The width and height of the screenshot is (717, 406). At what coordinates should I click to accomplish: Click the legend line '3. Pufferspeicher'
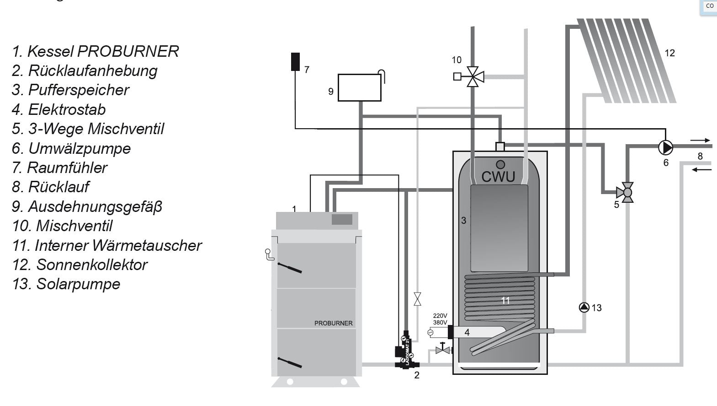tap(70, 90)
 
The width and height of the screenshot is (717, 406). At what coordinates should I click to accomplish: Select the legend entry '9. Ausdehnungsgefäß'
tap(87, 206)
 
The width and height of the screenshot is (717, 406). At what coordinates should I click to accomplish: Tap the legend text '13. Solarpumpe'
tap(66, 284)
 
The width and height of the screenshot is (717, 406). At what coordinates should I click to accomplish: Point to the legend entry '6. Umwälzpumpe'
tap(71, 148)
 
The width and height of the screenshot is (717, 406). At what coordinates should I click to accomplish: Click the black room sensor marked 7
tap(296, 62)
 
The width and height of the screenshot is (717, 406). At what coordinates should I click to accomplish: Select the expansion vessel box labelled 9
tap(359, 88)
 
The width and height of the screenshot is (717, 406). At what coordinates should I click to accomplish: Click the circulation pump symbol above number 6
tap(665, 148)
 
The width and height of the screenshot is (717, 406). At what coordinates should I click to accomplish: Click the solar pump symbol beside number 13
tap(584, 308)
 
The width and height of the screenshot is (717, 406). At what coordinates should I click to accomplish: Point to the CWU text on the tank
tap(498, 177)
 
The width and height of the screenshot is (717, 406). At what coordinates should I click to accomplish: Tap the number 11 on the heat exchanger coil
tap(505, 301)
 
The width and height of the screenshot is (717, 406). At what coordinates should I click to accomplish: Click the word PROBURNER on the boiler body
tap(333, 323)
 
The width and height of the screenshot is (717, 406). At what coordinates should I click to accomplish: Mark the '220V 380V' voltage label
tap(440, 319)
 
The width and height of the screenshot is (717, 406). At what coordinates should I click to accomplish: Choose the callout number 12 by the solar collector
tap(669, 53)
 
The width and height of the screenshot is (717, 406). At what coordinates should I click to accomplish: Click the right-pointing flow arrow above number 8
tap(700, 141)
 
